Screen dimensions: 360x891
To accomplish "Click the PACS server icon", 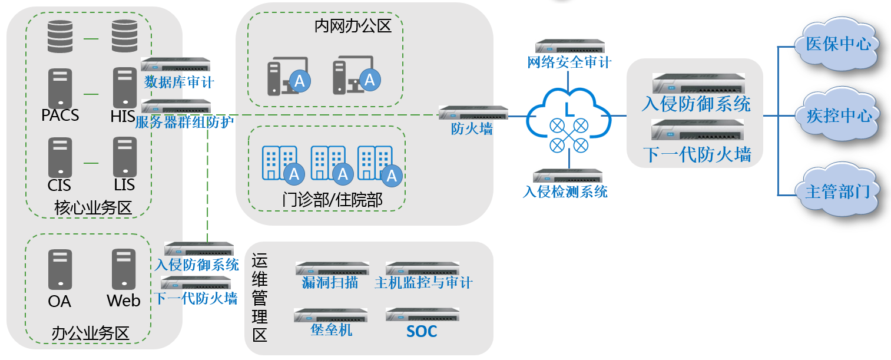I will tap(60, 87).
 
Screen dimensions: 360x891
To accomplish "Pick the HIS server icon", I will tap(124, 87).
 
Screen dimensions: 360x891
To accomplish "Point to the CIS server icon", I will tap(60, 157).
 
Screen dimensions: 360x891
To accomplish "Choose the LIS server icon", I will tap(124, 157).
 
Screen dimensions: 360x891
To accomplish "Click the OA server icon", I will tap(60, 269).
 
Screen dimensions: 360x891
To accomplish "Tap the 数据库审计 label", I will tap(175, 81).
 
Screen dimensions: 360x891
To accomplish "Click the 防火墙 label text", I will tap(472, 129).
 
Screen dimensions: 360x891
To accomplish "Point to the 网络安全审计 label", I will tap(569, 62).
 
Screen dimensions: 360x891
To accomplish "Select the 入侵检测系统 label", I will tap(565, 191).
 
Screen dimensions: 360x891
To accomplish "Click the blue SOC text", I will tap(422, 331).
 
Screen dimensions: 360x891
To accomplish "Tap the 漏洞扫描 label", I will tap(330, 283).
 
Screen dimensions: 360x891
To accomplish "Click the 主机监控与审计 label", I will tap(423, 283).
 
